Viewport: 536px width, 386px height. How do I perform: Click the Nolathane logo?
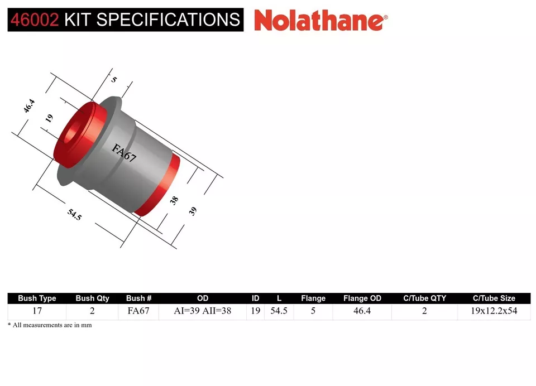(320, 21)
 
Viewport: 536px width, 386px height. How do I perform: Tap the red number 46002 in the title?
(33, 20)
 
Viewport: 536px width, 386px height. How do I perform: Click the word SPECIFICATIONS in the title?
(168, 20)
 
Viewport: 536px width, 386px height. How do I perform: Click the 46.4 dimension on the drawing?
(29, 106)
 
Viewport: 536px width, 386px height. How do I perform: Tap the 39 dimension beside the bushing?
(193, 211)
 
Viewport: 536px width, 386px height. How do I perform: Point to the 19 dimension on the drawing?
(49, 118)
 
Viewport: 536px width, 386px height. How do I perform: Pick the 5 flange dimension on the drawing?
(114, 80)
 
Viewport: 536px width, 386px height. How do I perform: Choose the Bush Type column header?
(37, 298)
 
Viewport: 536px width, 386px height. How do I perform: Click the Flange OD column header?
(362, 298)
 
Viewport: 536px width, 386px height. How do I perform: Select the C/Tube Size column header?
(494, 298)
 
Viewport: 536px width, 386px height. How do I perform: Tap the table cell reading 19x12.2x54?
(494, 311)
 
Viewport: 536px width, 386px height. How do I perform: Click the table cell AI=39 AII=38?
(203, 311)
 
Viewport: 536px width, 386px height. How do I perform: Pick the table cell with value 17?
(37, 311)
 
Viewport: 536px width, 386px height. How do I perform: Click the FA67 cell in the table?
(138, 311)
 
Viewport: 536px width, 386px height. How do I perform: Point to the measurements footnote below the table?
(50, 325)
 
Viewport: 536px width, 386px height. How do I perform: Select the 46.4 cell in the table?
(362, 311)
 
